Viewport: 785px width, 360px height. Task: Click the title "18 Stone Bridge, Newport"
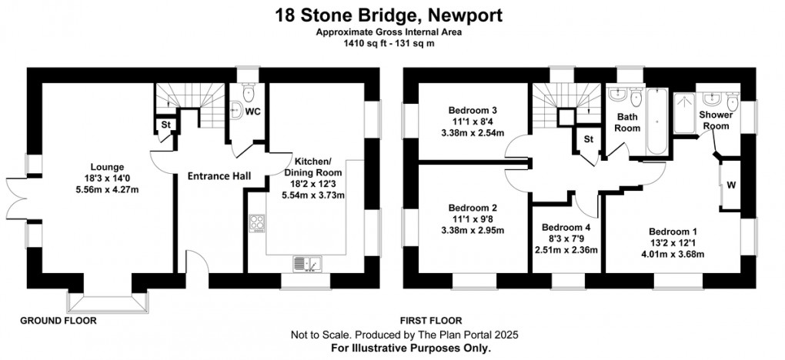tap(392, 14)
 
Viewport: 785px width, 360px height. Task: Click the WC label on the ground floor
tap(252, 112)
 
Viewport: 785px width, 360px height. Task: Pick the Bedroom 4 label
tap(566, 228)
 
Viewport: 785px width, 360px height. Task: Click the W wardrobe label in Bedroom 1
tap(732, 185)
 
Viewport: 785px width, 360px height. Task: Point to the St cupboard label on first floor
tap(589, 139)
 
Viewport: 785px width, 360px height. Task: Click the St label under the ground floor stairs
tap(165, 125)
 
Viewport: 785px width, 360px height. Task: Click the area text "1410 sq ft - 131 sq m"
tap(392, 44)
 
